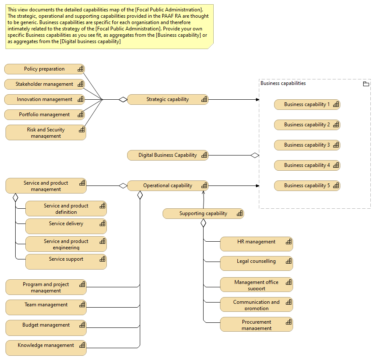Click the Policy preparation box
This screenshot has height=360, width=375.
click(44, 69)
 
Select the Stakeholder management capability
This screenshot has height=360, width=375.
click(44, 84)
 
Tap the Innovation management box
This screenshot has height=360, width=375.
click(44, 99)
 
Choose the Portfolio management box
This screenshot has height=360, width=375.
click(44, 115)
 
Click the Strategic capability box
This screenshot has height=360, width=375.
click(168, 99)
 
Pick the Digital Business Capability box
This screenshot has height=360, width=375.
click(168, 155)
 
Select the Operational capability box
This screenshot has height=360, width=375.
click(168, 185)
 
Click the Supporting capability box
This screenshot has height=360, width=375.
click(203, 213)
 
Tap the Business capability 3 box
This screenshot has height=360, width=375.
click(307, 145)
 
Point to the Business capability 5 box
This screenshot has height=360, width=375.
click(307, 185)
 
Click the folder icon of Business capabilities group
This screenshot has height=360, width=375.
click(366, 84)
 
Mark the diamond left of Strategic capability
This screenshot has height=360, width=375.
click(122, 99)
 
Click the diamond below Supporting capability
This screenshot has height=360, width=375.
click(203, 223)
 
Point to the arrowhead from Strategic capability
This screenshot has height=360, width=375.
click(257, 99)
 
